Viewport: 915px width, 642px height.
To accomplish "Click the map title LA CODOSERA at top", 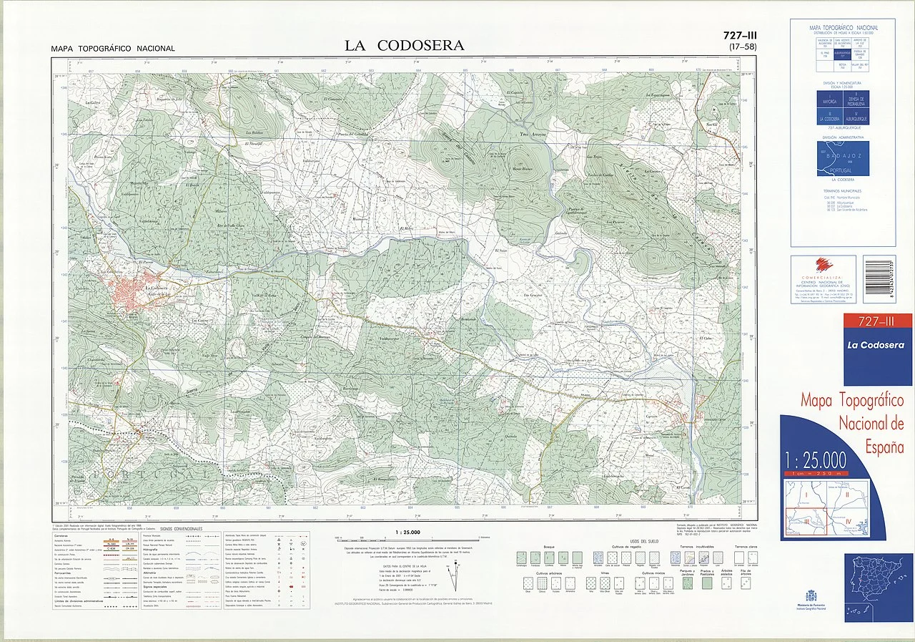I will (404, 46).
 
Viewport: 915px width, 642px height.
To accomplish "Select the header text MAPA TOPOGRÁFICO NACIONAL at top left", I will (113, 49).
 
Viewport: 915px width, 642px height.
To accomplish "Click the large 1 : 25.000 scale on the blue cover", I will (815, 459).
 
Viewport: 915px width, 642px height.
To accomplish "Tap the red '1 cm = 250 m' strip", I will (815, 473).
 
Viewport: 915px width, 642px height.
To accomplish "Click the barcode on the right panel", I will (879, 280).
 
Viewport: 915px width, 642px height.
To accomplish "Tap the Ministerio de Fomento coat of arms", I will (810, 595).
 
